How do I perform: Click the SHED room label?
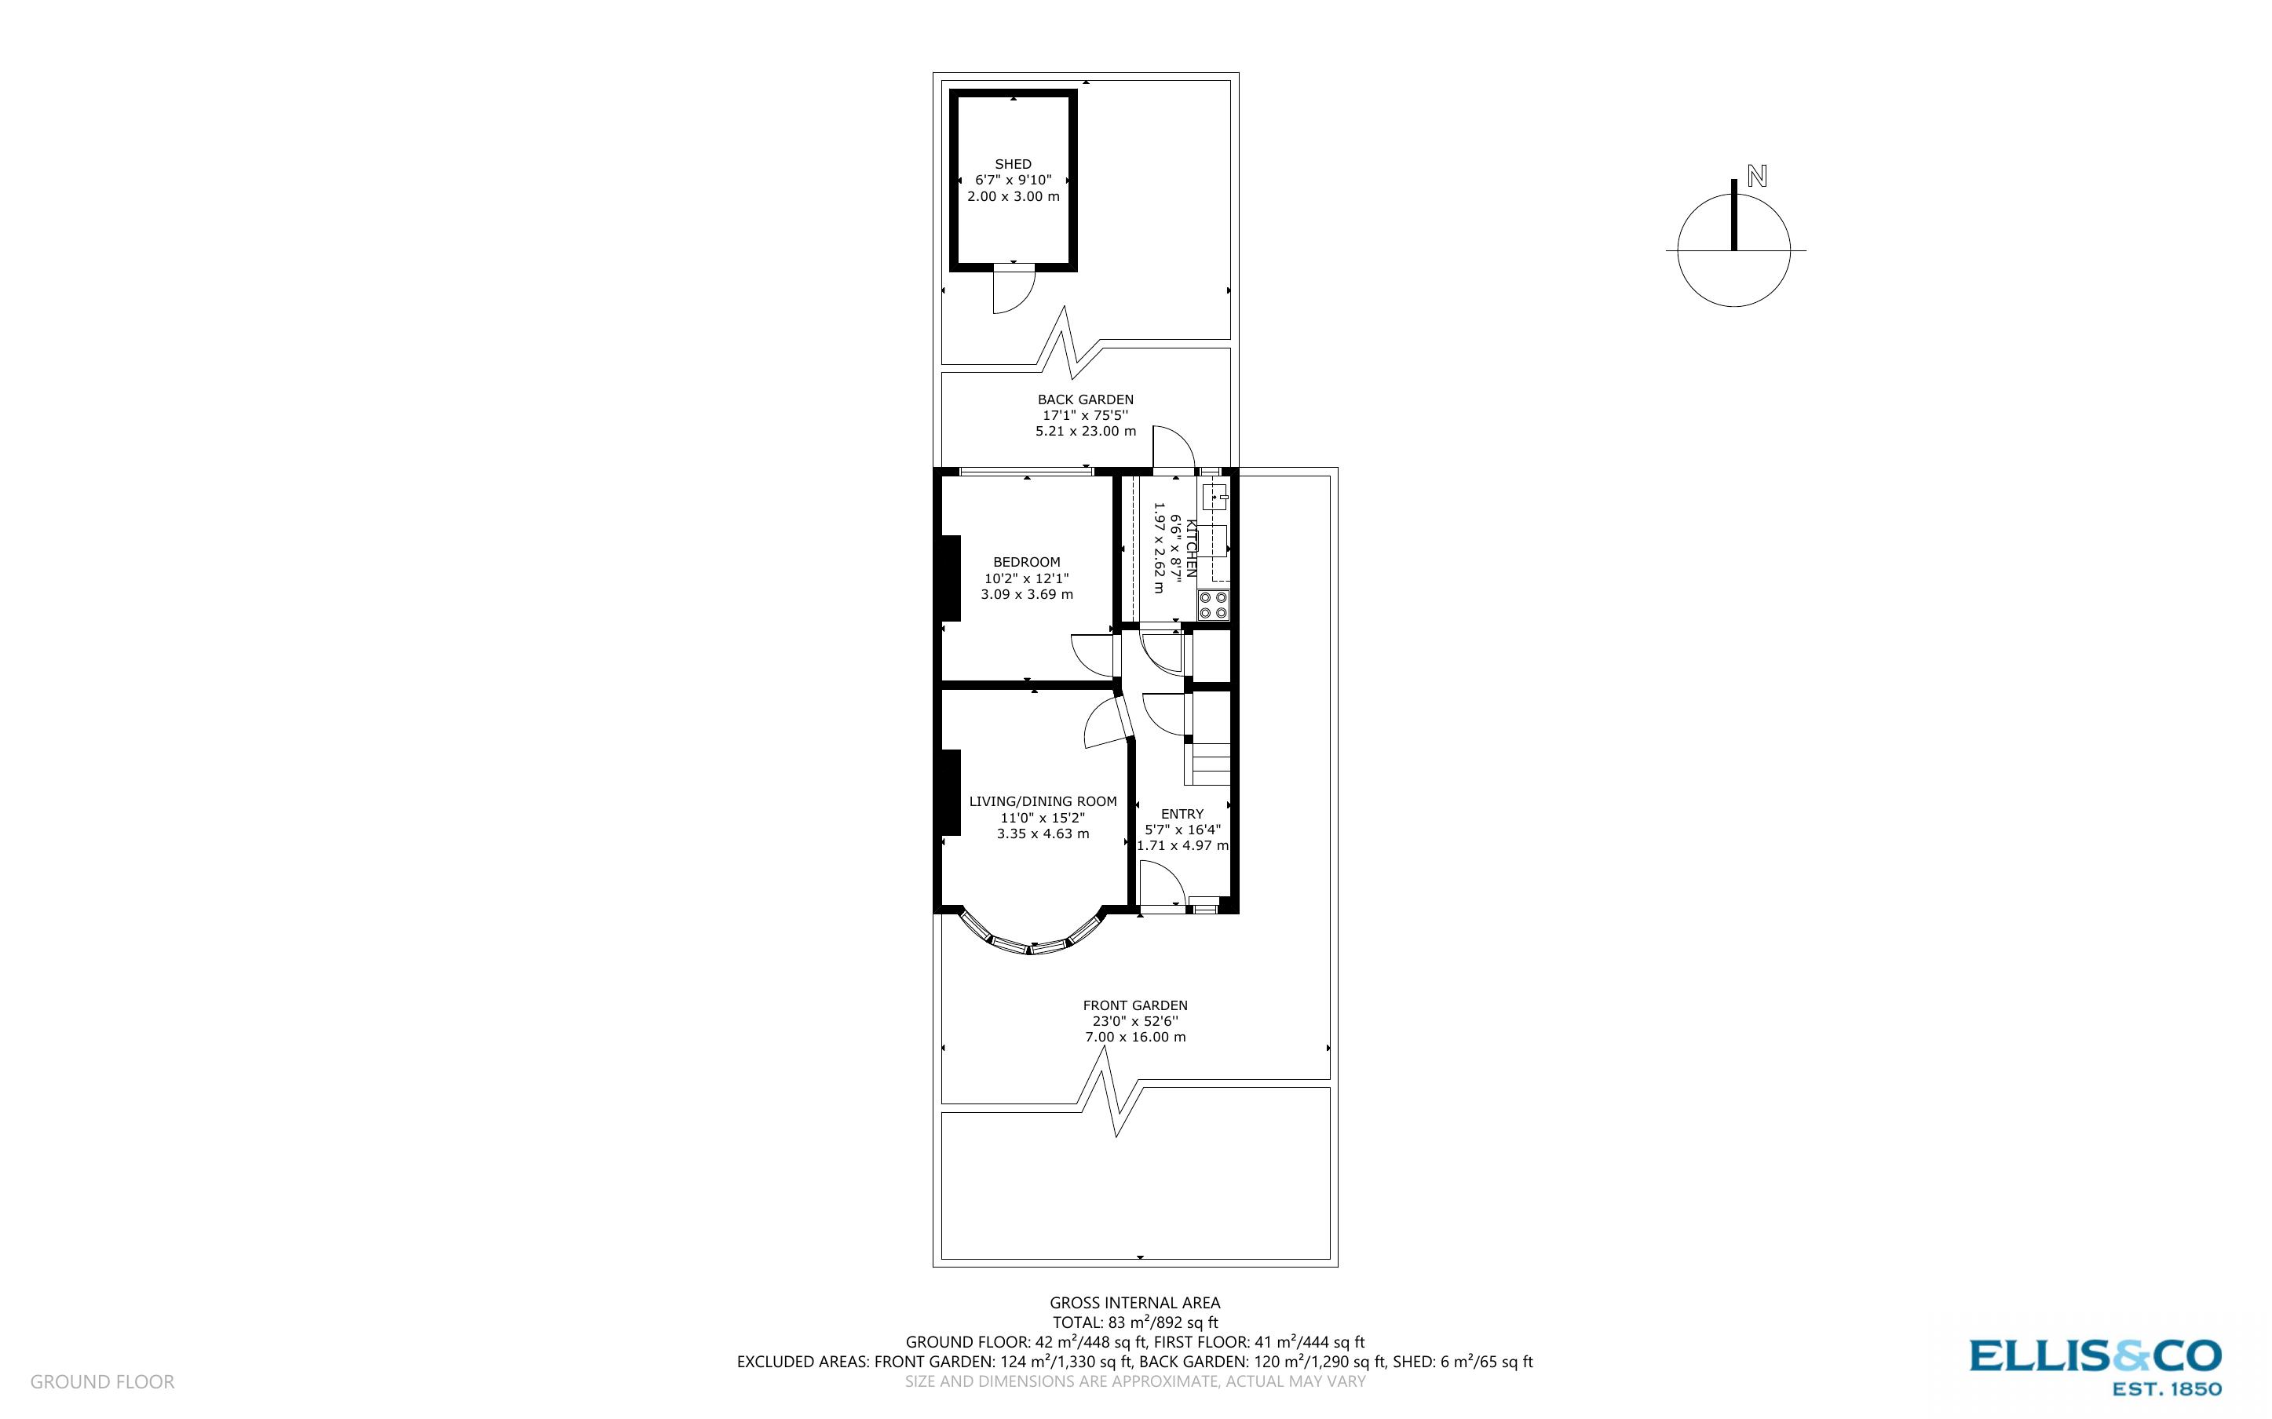point(1013,164)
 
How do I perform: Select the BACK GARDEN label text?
point(1085,399)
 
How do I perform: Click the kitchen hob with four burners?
point(1212,604)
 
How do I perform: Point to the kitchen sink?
point(1215,495)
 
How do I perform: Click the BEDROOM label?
point(1027,562)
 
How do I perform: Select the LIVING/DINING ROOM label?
point(1043,801)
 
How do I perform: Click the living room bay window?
point(1031,943)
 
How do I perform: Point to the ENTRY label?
point(1182,814)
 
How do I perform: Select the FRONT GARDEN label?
point(1134,1005)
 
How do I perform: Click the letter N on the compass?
point(1757,176)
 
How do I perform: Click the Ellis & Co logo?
point(2095,1366)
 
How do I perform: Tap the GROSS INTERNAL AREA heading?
point(1134,1303)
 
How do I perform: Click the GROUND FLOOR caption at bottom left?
point(102,1381)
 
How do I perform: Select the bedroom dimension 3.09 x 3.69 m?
point(1027,594)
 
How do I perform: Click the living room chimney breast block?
point(951,792)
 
